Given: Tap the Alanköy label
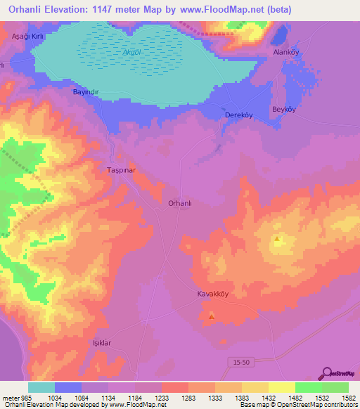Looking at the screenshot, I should [287, 53].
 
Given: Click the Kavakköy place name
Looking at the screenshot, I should [212, 295].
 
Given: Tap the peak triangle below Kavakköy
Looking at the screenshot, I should [212, 316].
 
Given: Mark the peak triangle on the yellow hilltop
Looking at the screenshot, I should [277, 240].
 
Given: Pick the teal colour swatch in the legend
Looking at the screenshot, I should [41, 387].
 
